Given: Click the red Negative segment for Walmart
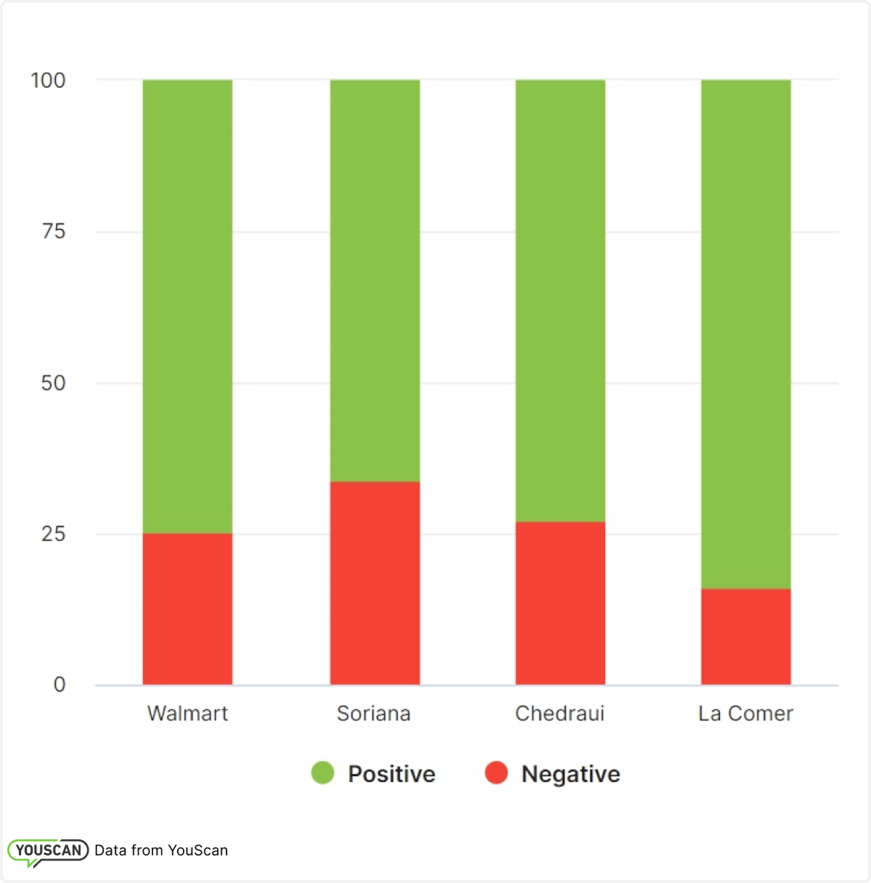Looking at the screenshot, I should click(x=187, y=609).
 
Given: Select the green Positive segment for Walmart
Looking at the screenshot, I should click(x=187, y=306).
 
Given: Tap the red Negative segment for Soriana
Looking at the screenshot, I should click(x=375, y=583).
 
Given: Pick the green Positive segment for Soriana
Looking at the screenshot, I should click(x=375, y=280).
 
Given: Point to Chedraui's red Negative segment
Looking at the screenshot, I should click(x=560, y=603).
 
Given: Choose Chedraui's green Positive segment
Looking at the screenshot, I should click(x=560, y=301).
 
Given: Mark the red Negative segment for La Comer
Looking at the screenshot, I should click(x=746, y=637).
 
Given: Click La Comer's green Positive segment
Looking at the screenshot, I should click(x=746, y=334).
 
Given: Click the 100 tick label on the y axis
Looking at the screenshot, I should click(x=48, y=80).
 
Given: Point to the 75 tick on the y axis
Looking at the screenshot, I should click(x=53, y=231).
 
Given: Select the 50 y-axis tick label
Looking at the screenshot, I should click(x=53, y=383).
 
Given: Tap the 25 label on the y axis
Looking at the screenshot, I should click(x=53, y=534).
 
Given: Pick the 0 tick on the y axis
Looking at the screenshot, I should click(x=59, y=685).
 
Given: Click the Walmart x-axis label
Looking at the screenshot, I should click(x=187, y=713).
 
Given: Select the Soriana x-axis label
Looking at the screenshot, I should click(x=374, y=713).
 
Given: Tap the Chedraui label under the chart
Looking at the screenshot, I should click(x=559, y=713).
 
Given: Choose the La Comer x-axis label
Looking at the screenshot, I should click(x=746, y=713).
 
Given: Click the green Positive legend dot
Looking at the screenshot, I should click(x=323, y=773).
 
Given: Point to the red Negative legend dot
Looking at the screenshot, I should click(x=496, y=773).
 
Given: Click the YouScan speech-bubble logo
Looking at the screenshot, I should click(x=48, y=851).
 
